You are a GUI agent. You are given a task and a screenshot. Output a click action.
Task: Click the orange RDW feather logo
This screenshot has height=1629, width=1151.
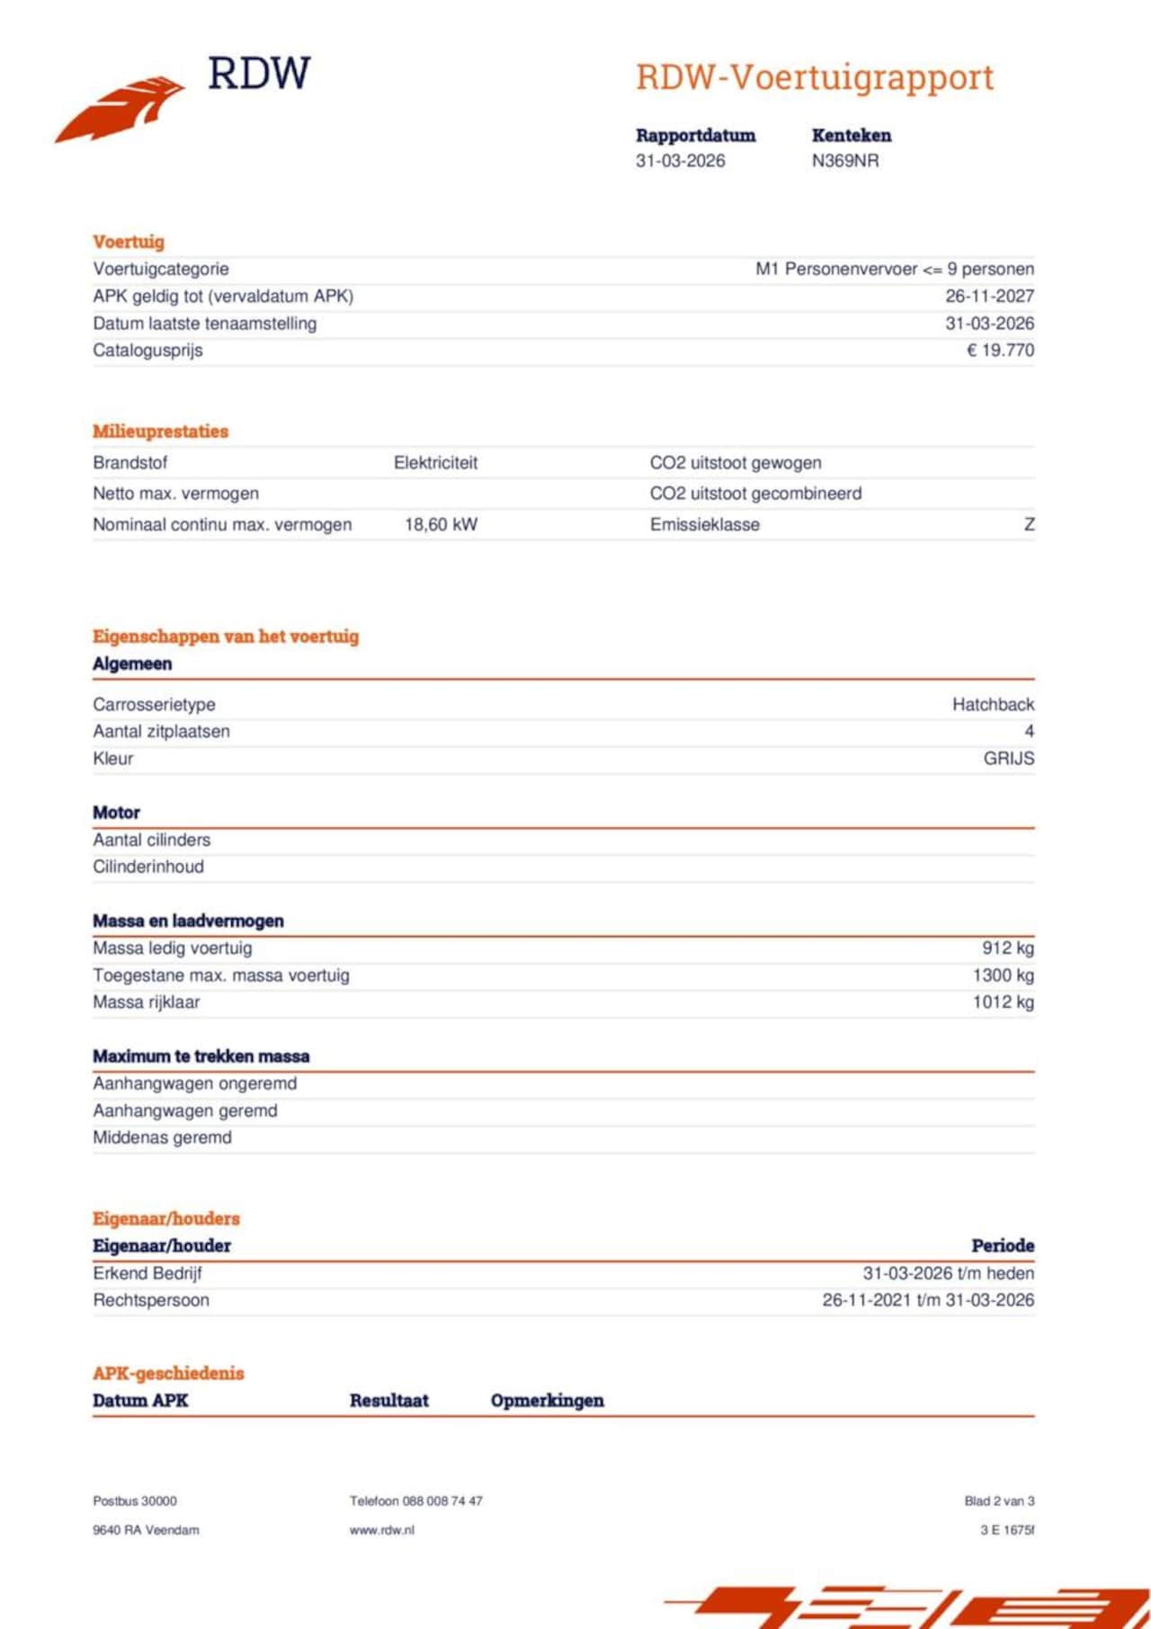[121, 109]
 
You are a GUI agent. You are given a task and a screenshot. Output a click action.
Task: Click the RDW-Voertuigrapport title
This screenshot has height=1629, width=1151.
[815, 77]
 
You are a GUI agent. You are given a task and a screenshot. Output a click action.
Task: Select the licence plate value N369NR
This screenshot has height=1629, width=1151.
[844, 161]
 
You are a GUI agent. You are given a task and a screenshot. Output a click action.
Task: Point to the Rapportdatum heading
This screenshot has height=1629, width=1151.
[695, 136]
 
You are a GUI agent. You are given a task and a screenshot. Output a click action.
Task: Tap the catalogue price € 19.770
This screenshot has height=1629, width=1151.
[1000, 350]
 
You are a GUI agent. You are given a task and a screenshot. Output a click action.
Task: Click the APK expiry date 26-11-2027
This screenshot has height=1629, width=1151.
[989, 296]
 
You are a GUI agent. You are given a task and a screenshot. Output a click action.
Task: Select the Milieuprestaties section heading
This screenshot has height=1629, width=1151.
[160, 432]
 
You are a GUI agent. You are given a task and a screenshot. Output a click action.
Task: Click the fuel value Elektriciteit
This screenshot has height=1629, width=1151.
[435, 463]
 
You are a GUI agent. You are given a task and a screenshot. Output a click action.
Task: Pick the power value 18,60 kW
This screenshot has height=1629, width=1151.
[441, 524]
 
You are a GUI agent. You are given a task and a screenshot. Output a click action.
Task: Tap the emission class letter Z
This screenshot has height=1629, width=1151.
[1029, 524]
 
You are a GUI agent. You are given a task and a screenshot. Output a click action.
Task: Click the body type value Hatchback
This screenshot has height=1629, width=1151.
[993, 704]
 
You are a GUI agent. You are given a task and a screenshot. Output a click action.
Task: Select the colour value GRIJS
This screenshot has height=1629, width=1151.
[1008, 758]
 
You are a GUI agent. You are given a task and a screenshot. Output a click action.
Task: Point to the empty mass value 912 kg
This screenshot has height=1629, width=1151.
[1007, 948]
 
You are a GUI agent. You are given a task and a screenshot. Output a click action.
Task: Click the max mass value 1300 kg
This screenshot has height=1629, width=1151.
[1003, 975]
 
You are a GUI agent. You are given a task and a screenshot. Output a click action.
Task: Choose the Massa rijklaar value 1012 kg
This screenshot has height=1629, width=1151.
[1003, 1001]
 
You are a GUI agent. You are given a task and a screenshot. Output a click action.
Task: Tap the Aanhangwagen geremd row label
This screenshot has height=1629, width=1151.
[185, 1110]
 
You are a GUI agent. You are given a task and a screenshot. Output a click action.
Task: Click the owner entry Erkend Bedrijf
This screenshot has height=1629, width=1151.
[147, 1273]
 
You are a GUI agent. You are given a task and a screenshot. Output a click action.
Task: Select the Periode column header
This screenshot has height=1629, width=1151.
[1002, 1246]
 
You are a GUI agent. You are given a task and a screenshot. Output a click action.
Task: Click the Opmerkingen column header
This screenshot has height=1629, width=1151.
[547, 1400]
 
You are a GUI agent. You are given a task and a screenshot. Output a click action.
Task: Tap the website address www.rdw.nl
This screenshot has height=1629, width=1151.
[381, 1529]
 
